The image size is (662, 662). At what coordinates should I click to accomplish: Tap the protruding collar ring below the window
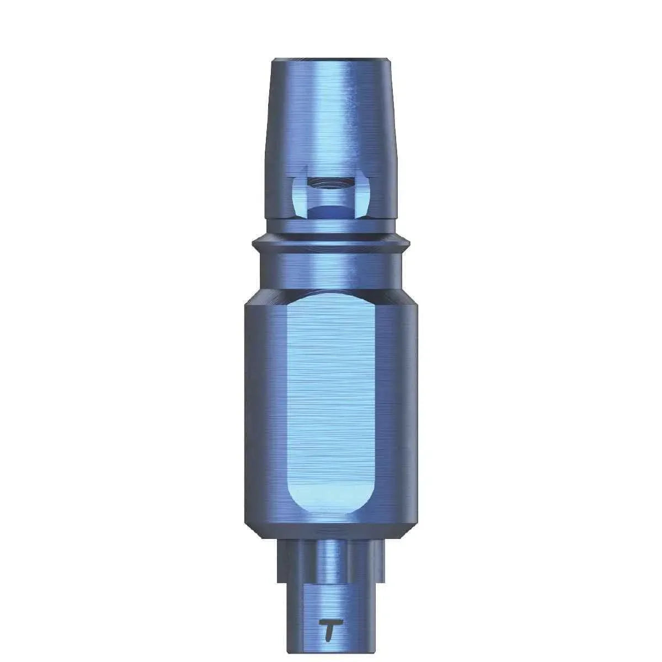[x=331, y=243]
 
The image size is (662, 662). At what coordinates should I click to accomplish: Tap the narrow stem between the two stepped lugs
[x=331, y=557]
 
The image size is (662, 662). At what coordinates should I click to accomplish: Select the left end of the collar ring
[x=255, y=243]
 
